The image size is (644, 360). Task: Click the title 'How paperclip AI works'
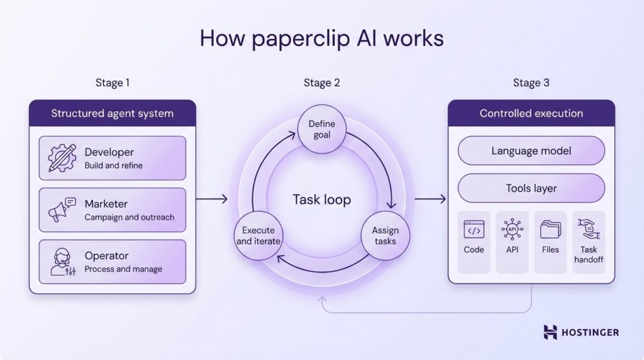321,38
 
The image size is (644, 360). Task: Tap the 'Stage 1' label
113,82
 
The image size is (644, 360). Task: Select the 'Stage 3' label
531,82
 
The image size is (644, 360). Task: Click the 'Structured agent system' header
112,113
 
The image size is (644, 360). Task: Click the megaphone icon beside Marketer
62,210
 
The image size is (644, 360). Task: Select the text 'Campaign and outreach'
130,217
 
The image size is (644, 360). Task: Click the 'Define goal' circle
321,130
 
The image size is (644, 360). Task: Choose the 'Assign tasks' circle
385,236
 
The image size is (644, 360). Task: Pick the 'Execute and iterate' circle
258,236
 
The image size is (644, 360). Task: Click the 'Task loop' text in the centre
321,200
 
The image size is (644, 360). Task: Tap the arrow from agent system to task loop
211,200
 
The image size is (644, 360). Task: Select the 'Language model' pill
531,151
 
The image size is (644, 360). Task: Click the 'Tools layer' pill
531,188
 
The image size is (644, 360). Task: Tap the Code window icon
474,230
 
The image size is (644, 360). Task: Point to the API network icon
512,230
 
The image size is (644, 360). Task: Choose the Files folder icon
550,230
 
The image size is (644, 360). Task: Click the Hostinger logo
580,332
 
